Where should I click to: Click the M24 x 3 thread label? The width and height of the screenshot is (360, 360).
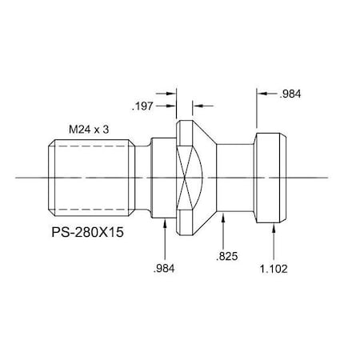click(89, 127)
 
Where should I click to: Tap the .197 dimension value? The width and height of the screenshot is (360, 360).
click(142, 104)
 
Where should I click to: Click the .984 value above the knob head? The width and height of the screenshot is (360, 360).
click(291, 95)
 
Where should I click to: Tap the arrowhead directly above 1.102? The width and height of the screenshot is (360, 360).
click(276, 227)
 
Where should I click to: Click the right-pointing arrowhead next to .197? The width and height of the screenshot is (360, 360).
click(172, 103)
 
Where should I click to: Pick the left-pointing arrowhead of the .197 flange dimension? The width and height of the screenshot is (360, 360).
click(197, 103)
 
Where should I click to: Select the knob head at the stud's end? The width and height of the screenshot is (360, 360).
click(270, 177)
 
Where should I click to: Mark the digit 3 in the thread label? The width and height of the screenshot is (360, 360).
click(106, 127)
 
